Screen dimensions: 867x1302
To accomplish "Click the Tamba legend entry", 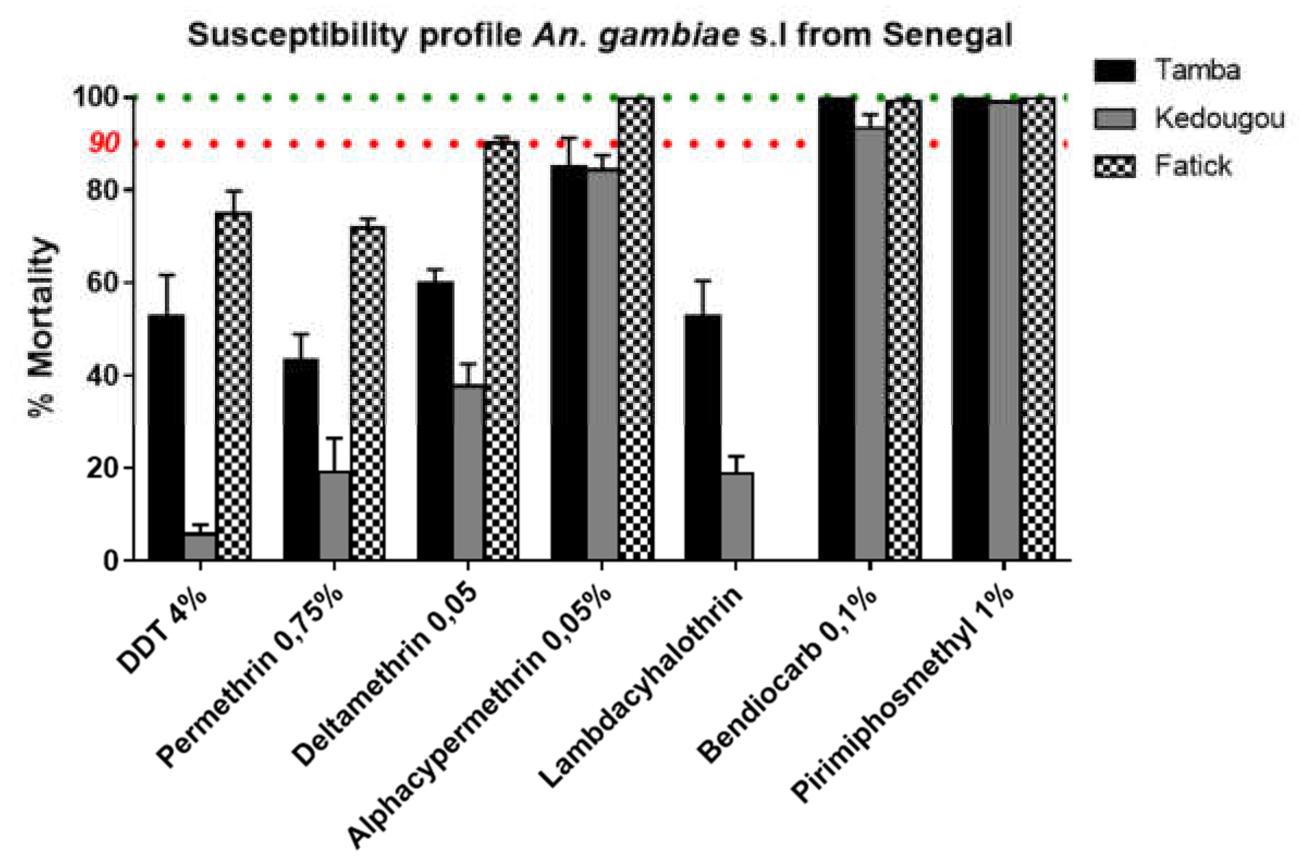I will tap(1197, 70).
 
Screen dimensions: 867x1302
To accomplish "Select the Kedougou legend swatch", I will tap(1114, 118).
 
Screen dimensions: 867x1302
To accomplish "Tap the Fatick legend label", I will tap(1193, 166).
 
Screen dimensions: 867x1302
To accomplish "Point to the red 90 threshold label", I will tap(103, 144).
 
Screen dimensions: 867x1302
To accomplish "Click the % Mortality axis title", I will tap(42, 326).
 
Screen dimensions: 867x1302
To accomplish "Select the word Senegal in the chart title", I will tap(947, 35).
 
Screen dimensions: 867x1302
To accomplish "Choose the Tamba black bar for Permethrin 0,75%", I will tap(300, 459).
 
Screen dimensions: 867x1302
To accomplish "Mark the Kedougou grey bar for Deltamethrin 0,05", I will tap(468, 472).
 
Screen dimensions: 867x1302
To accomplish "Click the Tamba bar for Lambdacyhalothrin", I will tap(702, 437).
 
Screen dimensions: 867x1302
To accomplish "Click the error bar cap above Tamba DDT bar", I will tap(167, 275).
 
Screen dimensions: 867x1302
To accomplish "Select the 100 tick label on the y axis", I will tap(96, 97).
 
